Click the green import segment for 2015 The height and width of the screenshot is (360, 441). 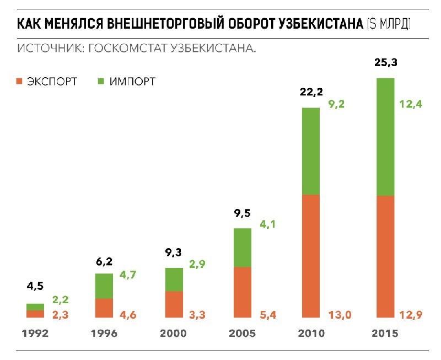pos(385,137)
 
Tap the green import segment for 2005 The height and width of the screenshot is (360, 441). pos(243,248)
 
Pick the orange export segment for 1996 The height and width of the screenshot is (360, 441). pos(104,308)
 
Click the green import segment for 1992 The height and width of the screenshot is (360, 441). pos(35,307)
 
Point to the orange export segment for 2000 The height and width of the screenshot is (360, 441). pos(174,304)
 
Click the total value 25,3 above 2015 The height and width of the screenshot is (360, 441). pos(385,64)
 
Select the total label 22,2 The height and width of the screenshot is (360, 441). pos(311,94)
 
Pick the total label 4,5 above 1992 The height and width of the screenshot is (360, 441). pos(35,287)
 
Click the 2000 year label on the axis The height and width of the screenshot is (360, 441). pos(173,334)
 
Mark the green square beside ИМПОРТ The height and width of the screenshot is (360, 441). pos(101,82)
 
